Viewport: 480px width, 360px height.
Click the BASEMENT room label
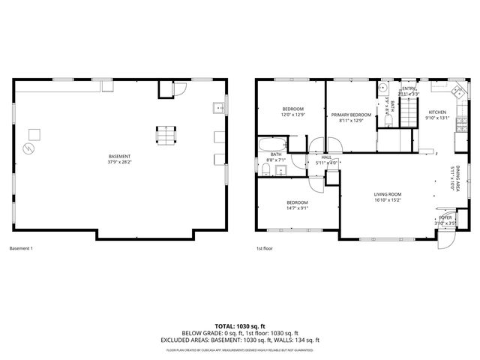pyautogui.click(x=119, y=156)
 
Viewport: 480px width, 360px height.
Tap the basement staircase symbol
pyautogui.click(x=164, y=136)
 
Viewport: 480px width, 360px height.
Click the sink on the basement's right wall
pyautogui.click(x=217, y=107)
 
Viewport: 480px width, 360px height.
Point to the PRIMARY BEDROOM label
pyautogui.click(x=351, y=115)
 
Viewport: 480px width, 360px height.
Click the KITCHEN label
pyautogui.click(x=437, y=112)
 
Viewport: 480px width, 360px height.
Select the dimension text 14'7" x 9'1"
pyautogui.click(x=297, y=208)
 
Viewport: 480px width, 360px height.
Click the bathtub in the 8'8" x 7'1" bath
pyautogui.click(x=271, y=144)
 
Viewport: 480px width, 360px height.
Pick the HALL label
pyautogui.click(x=326, y=157)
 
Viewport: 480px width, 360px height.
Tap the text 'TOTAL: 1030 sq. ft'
pyautogui.click(x=240, y=326)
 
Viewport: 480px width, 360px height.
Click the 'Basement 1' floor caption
pyautogui.click(x=21, y=248)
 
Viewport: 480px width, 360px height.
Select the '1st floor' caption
pyautogui.click(x=263, y=248)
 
